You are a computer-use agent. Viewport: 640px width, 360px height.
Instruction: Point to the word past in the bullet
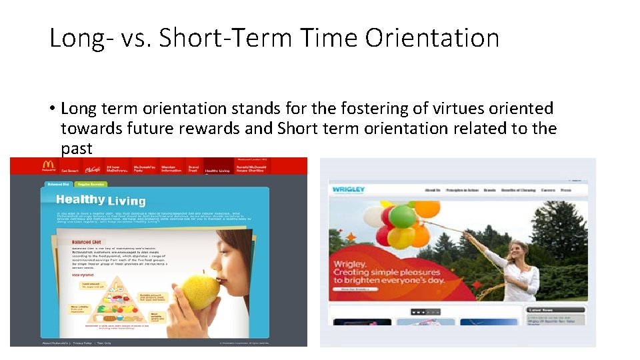click(77, 149)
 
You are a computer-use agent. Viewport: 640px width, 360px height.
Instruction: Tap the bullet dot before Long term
click(51, 109)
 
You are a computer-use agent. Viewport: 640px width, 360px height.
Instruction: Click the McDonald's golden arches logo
click(48, 165)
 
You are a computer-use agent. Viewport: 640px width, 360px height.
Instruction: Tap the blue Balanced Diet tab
click(59, 183)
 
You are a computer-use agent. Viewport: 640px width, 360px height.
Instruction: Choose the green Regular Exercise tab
click(92, 183)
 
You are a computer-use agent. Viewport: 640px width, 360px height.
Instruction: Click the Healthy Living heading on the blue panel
click(101, 200)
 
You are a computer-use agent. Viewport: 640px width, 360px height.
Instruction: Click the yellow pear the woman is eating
click(201, 291)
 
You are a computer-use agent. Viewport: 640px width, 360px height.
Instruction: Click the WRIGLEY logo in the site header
click(349, 190)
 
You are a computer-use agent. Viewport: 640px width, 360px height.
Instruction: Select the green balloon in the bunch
click(402, 217)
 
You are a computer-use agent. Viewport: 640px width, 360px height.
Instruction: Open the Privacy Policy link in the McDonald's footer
click(83, 343)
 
